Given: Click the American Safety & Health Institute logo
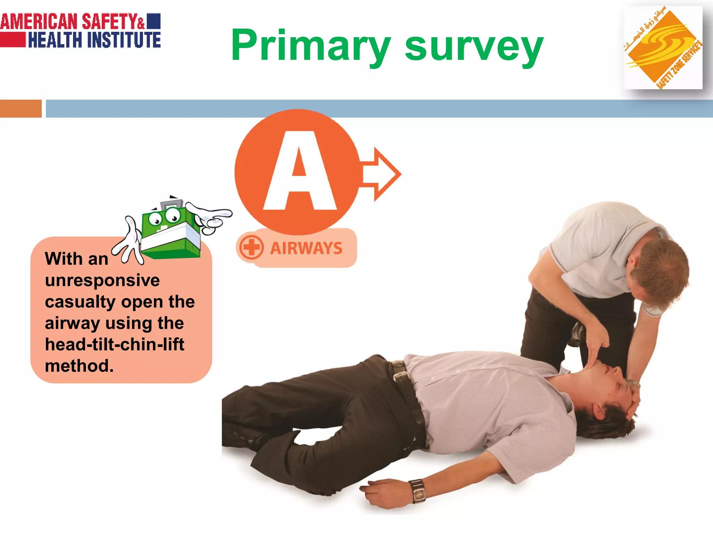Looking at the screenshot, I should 80,31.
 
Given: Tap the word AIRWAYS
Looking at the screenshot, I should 306,248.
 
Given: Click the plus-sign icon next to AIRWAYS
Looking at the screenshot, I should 251,247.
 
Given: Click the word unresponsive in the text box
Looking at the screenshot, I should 102,280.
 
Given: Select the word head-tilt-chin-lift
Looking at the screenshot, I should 115,344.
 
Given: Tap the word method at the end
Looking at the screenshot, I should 79,366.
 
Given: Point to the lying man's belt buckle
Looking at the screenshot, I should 401,376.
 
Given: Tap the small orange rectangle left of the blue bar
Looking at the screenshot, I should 21,108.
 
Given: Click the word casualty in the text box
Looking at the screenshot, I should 80,302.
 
